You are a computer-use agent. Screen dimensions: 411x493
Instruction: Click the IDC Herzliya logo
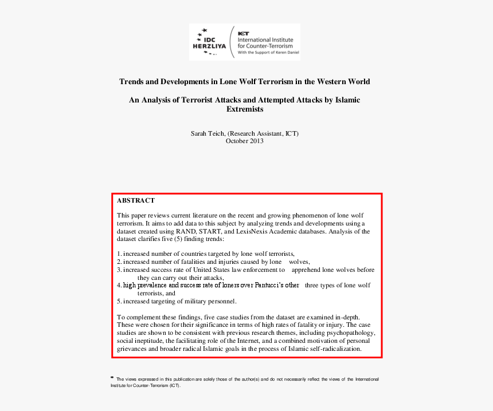210,41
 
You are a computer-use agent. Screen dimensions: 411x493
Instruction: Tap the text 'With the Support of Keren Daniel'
268,52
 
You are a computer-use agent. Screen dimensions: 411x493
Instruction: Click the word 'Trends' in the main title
131,81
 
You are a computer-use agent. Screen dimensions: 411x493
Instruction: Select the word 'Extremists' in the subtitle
245,109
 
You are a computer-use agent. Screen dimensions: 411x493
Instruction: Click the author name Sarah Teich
208,133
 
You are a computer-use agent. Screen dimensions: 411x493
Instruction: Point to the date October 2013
245,141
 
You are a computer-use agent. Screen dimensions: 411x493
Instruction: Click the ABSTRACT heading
136,201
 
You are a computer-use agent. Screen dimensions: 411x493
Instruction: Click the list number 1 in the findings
119,253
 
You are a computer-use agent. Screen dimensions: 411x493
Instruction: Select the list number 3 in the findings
119,269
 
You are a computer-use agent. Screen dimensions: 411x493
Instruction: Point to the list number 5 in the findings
119,301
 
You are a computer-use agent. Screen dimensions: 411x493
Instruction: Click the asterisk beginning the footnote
112,378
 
